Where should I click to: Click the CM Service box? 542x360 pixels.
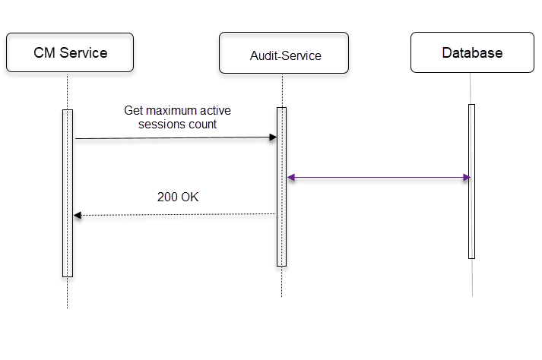(70, 52)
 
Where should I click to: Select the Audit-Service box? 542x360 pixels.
(284, 53)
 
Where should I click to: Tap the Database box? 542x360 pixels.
(472, 52)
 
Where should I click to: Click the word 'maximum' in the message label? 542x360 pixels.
(170, 111)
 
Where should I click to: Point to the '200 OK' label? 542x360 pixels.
(178, 197)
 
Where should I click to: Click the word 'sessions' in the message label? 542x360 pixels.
(162, 125)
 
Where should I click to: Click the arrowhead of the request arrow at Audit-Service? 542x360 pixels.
(273, 137)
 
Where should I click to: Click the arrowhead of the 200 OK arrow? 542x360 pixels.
(77, 216)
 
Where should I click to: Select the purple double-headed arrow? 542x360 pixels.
(379, 178)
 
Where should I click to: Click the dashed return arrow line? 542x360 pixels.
(175, 215)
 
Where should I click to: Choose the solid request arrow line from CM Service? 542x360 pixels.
(175, 138)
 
